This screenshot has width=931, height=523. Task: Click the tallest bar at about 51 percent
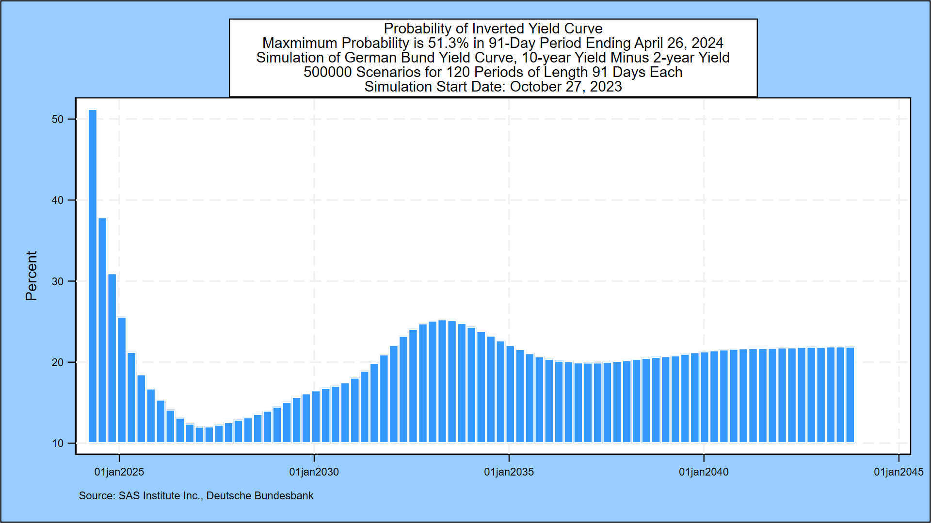click(x=93, y=276)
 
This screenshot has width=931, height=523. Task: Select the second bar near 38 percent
click(x=102, y=330)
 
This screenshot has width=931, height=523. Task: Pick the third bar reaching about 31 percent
click(x=112, y=358)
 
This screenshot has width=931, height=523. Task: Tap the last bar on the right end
click(x=850, y=395)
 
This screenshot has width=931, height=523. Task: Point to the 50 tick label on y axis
click(x=58, y=119)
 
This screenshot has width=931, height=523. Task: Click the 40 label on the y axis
click(x=58, y=200)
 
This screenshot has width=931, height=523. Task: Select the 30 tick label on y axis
click(x=58, y=281)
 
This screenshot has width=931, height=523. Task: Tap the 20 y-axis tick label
click(x=58, y=362)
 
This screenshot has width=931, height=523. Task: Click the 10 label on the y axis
click(x=58, y=443)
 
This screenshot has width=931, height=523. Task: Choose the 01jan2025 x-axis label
click(x=119, y=472)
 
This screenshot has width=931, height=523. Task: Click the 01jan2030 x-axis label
click(x=314, y=472)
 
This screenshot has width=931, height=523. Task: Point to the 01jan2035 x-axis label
click(x=509, y=472)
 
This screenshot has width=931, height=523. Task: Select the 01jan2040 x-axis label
click(x=704, y=472)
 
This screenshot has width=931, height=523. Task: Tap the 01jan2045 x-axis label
click(x=899, y=472)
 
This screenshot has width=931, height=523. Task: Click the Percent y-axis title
click(x=31, y=276)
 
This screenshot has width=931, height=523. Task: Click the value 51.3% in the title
click(x=448, y=43)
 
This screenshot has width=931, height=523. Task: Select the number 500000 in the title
click(x=327, y=72)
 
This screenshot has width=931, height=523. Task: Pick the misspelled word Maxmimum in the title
click(x=294, y=43)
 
